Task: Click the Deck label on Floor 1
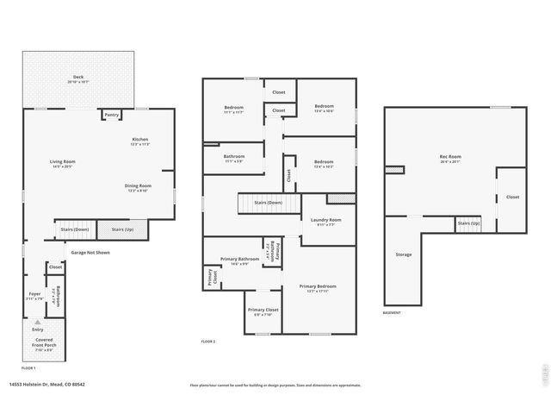(78, 78)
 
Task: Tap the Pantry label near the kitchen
(111, 115)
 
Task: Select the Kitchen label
(140, 141)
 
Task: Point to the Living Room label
(62, 163)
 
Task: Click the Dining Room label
(139, 187)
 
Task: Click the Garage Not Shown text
(89, 253)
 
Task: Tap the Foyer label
(35, 296)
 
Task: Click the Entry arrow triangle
(37, 322)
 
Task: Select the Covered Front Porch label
(43, 345)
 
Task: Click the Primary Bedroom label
(318, 287)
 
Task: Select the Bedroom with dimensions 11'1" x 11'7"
(233, 109)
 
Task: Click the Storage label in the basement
(403, 254)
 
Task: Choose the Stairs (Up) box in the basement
(468, 223)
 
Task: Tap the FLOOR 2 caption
(208, 342)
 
